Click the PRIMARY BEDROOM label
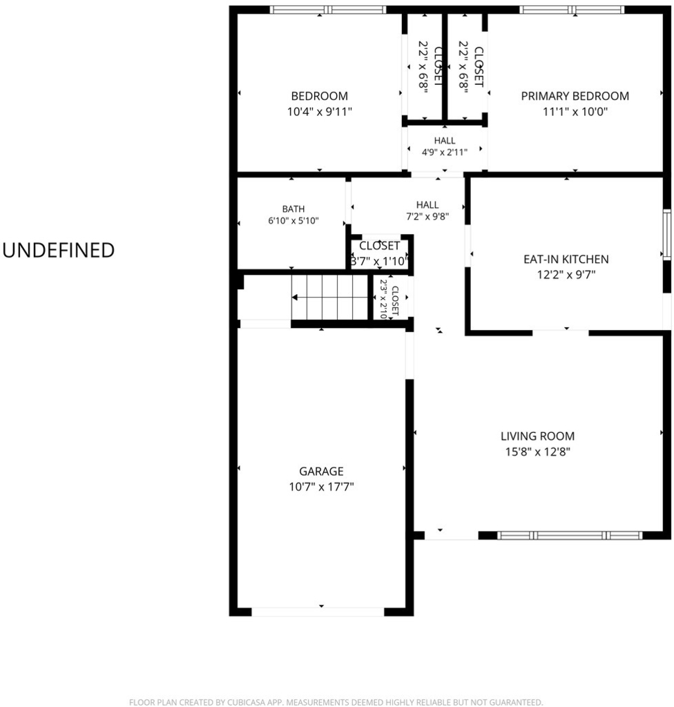575,96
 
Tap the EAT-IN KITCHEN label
566,260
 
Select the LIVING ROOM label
538,436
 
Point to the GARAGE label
321,471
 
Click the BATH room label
293,209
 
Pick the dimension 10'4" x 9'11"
320,111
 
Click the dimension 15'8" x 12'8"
538,452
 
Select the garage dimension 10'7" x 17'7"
321,487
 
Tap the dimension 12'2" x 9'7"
566,275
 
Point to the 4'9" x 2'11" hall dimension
445,153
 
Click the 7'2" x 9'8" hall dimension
427,216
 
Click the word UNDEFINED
59,250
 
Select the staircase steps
329,298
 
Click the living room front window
570,535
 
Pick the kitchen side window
667,235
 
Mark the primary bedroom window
572,10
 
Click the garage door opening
318,612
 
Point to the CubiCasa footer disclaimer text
336,702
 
